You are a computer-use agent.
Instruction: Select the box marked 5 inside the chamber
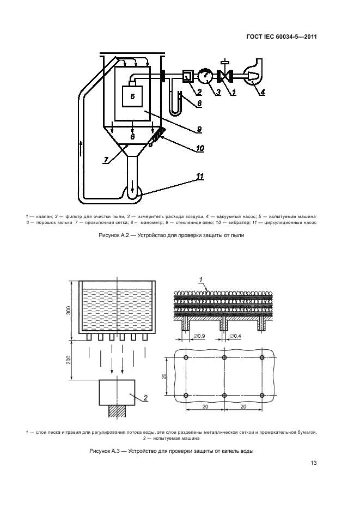[132, 96]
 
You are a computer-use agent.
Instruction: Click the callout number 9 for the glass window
[199, 129]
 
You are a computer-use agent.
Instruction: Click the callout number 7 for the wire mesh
[105, 160]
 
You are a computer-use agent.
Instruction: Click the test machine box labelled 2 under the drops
[118, 393]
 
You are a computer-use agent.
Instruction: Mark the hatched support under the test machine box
[118, 412]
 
